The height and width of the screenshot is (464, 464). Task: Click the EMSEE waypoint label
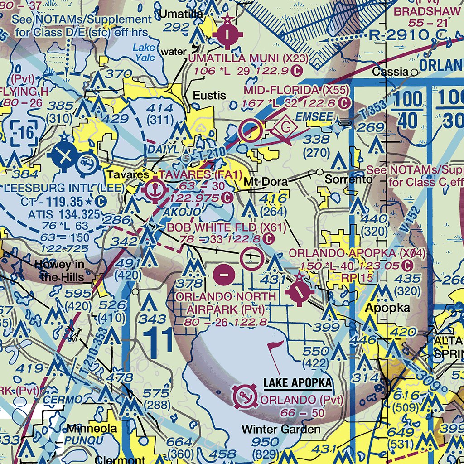point(314,117)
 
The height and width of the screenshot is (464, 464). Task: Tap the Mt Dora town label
point(266,182)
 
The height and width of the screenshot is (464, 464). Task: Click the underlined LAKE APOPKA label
point(297,383)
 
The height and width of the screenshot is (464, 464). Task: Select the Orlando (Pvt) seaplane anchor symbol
point(245,397)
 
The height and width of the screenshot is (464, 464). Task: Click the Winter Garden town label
point(281,429)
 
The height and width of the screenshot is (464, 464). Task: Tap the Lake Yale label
point(144,52)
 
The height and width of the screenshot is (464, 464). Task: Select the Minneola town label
point(92,428)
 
